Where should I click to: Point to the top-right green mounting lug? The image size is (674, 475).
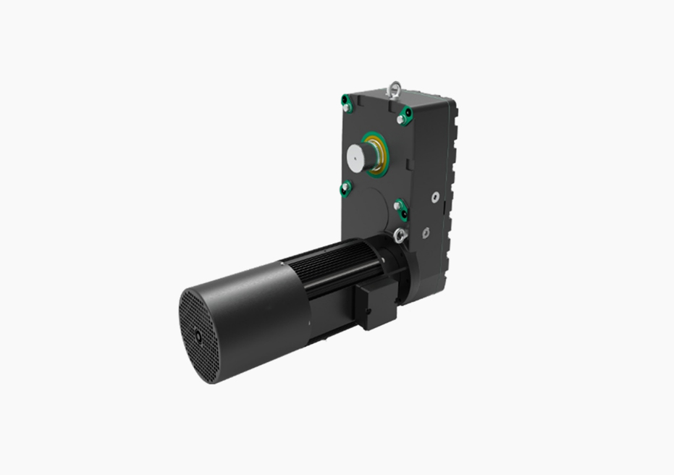405,115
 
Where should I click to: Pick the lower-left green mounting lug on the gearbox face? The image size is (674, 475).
345,188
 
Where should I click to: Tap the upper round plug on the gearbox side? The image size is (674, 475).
434,196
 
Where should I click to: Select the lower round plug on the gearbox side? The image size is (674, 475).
426,233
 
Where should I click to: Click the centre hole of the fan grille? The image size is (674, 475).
198,336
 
